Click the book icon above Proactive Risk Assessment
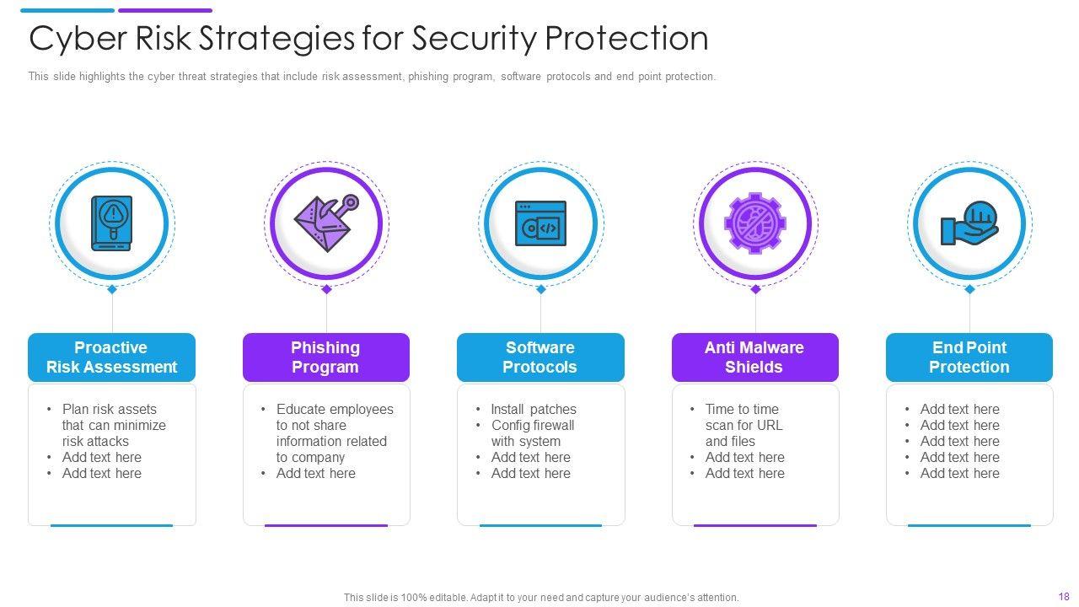pyautogui.click(x=111, y=223)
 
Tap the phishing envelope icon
pyautogui.click(x=325, y=223)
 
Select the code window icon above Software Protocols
pyautogui.click(x=540, y=223)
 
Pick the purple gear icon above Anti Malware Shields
pyautogui.click(x=754, y=223)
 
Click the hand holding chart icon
pyautogui.click(x=969, y=223)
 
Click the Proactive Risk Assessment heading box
pyautogui.click(x=111, y=357)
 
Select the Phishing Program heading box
pyautogui.click(x=325, y=357)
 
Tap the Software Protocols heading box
pyautogui.click(x=540, y=357)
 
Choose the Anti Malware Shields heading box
pyautogui.click(x=754, y=357)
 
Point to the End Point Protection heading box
pyautogui.click(x=969, y=357)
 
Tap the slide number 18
pyautogui.click(x=1063, y=596)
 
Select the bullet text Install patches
pyautogui.click(x=534, y=410)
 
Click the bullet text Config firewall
pyautogui.click(x=533, y=426)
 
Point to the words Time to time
pyautogui.click(x=742, y=410)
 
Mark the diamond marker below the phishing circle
pyautogui.click(x=326, y=289)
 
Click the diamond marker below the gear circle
pyautogui.click(x=755, y=289)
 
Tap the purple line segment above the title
pyautogui.click(x=165, y=11)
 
